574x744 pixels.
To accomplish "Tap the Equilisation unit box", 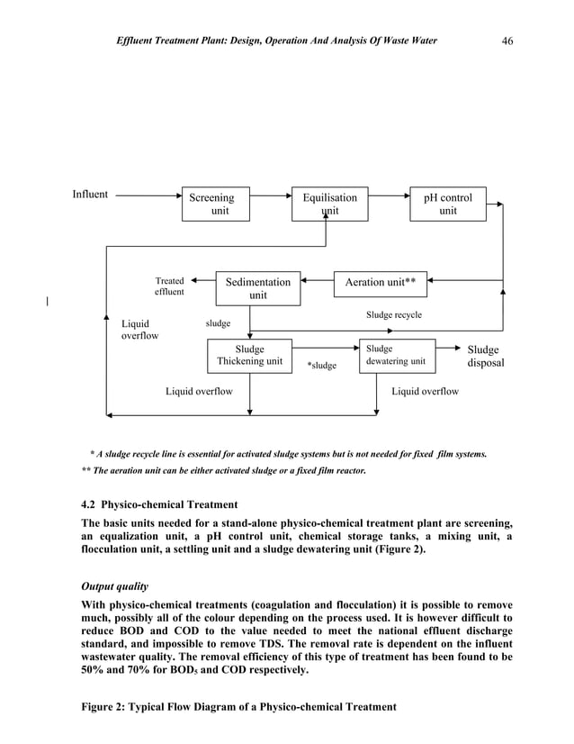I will (329, 204).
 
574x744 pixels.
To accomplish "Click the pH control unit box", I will (447, 204).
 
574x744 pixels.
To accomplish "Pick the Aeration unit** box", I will (380, 283).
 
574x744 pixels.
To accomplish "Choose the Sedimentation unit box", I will (258, 288).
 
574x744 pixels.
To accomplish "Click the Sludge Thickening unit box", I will (249, 356).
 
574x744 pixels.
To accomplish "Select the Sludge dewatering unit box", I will (397, 356).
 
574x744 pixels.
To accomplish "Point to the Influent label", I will (90, 194).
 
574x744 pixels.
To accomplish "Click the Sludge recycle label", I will (393, 315).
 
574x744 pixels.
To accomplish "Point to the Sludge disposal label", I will (485, 357).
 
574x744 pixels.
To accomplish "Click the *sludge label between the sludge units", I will (321, 365).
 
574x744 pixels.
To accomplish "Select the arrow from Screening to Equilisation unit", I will (271, 194).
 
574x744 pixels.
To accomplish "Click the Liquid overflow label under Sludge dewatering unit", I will (425, 392).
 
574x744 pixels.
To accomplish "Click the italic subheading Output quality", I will (114, 585).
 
